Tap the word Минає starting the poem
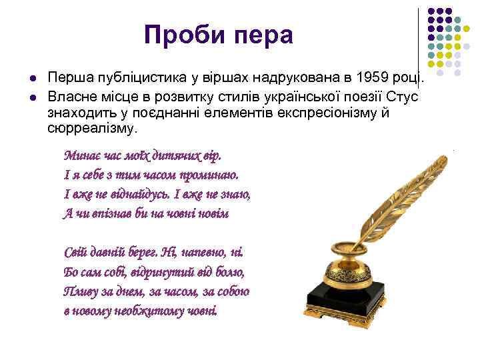tap(83, 156)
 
